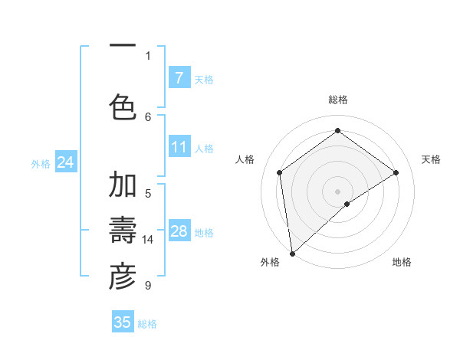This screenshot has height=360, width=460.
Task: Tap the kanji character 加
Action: click(x=123, y=185)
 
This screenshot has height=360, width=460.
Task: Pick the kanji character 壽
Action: click(x=123, y=231)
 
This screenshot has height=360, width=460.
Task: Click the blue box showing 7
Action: click(x=179, y=78)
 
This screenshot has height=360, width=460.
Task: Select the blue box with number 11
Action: click(x=179, y=147)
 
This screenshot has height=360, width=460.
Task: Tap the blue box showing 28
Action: click(x=179, y=231)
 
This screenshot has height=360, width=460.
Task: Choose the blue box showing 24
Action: click(x=65, y=162)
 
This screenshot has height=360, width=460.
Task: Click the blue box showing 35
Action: click(x=123, y=322)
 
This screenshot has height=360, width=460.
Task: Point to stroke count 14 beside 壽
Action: click(x=148, y=240)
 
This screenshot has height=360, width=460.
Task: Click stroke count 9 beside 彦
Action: click(x=148, y=286)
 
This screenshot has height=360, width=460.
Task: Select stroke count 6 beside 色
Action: click(x=148, y=116)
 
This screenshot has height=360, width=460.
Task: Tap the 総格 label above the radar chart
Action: click(x=337, y=100)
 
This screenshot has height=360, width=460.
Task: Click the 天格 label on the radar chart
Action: click(x=431, y=159)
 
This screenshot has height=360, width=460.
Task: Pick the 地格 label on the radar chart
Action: click(x=402, y=262)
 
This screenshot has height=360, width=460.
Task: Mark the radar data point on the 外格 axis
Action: click(x=291, y=253)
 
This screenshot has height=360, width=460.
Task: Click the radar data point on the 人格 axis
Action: click(x=280, y=172)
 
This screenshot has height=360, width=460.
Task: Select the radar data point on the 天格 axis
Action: click(x=396, y=172)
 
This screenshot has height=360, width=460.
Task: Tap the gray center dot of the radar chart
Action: click(x=337, y=190)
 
